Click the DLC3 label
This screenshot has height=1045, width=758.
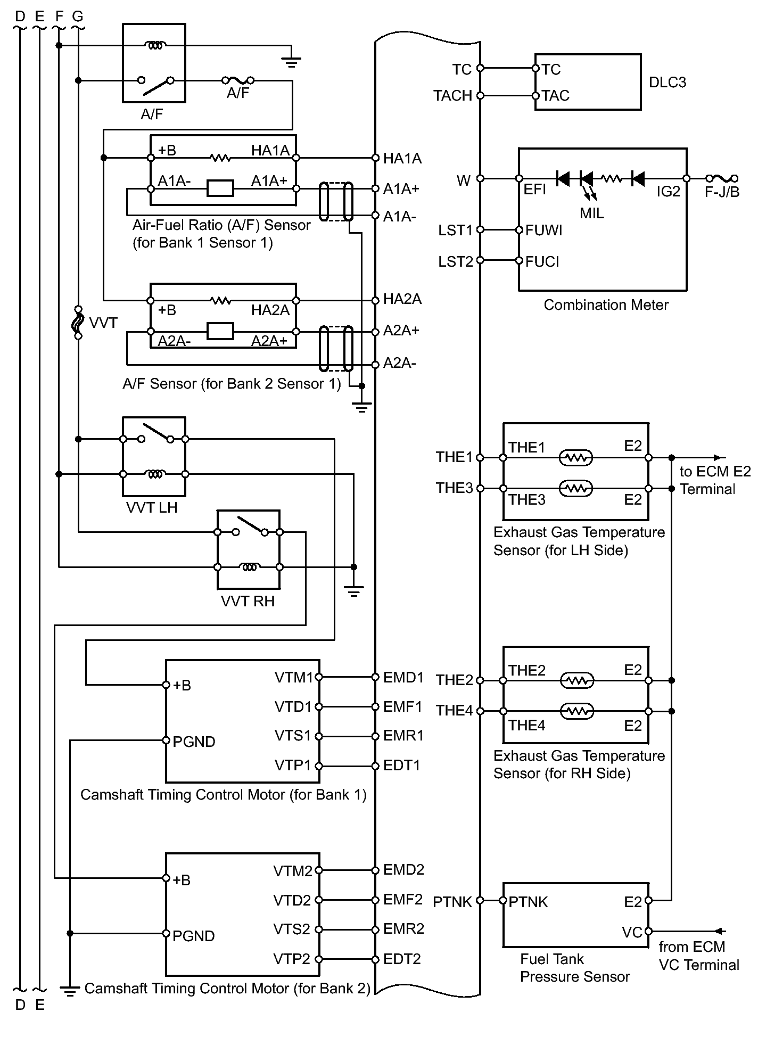667,83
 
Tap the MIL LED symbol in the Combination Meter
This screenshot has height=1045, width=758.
587,179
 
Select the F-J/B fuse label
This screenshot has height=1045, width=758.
722,192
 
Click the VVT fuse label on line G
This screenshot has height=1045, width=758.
103,323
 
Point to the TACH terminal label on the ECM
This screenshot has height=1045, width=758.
452,96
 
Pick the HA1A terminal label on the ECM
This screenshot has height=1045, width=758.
402,158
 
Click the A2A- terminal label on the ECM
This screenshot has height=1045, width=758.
399,363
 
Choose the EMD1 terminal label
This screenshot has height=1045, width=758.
403,677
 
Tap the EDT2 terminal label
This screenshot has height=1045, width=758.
402,959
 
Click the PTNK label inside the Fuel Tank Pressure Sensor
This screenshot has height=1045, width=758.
528,902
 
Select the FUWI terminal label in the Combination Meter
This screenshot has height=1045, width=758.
543,231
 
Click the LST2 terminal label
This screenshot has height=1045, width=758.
455,262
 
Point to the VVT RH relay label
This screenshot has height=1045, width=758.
248,601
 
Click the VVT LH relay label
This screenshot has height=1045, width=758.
152,507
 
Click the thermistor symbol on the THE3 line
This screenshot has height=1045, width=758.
575,488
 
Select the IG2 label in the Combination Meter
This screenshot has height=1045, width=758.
668,192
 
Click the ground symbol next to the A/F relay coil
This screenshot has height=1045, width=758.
291,62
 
